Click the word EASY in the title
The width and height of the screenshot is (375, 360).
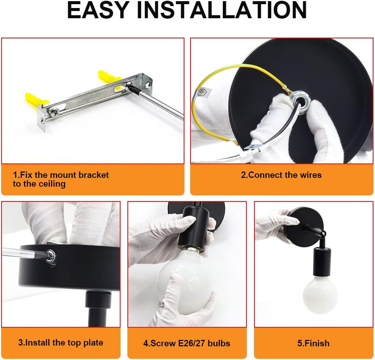[98, 10]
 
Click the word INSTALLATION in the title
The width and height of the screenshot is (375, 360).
[222, 10]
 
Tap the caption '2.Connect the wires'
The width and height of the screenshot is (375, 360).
[281, 175]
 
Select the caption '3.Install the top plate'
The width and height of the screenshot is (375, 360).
[61, 343]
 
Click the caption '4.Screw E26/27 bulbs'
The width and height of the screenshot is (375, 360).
[187, 343]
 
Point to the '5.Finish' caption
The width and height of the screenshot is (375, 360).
[313, 343]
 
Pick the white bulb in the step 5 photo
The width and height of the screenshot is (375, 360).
[320, 295]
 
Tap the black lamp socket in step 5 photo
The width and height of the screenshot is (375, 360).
[322, 262]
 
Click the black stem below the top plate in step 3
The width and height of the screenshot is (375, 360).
[98, 308]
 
